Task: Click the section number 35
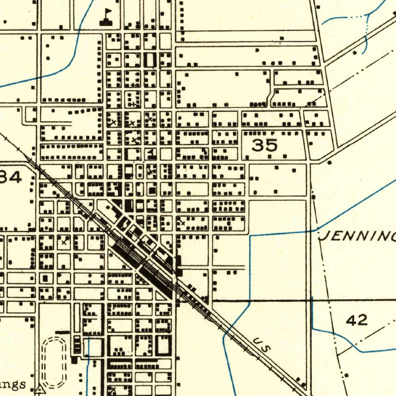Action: [265, 145]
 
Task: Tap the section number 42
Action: [356, 320]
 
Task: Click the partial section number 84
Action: [11, 177]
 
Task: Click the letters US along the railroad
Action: [262, 344]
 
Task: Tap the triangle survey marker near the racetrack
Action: [39, 390]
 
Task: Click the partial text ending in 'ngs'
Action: [14, 384]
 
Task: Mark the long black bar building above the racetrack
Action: [62, 332]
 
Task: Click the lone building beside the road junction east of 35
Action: [329, 163]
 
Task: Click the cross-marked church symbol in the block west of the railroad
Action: [64, 242]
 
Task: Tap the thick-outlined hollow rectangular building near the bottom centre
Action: [163, 345]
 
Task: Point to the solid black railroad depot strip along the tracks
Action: [155, 278]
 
